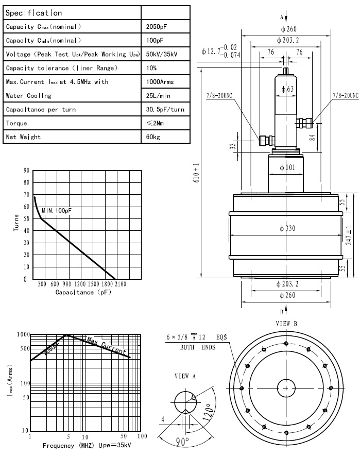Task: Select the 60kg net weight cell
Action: [x=153, y=137]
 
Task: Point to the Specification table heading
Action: [x=34, y=12]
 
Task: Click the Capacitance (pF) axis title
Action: [x=83, y=292]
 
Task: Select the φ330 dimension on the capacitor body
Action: [x=285, y=228]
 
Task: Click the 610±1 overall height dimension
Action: [x=196, y=177]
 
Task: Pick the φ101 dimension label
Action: [x=285, y=167]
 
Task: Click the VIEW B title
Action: [x=286, y=324]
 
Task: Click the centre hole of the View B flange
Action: [x=286, y=388]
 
